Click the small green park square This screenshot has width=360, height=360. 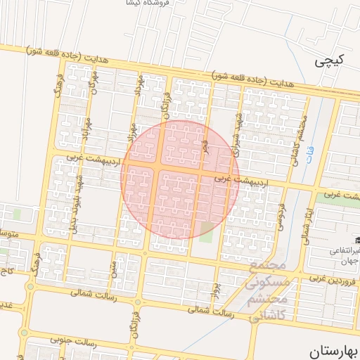[x=206, y=229]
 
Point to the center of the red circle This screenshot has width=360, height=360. [x=180, y=179]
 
